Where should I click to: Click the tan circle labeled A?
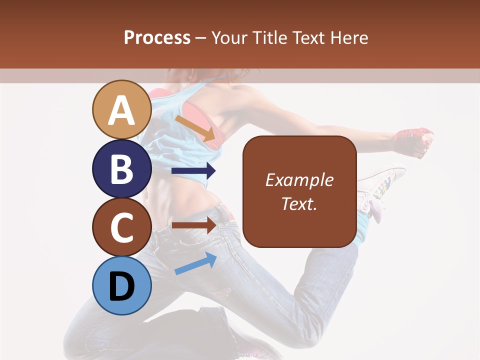point(121,109)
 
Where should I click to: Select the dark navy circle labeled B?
point(121,168)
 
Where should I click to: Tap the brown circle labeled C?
point(121,227)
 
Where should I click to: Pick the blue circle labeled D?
point(121,285)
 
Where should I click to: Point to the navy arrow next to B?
point(193,171)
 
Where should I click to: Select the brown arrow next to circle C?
point(193,225)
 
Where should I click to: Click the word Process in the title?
point(157,37)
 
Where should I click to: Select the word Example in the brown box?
point(299,180)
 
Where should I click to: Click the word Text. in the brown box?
point(299,203)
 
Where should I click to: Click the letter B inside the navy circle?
point(121,168)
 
